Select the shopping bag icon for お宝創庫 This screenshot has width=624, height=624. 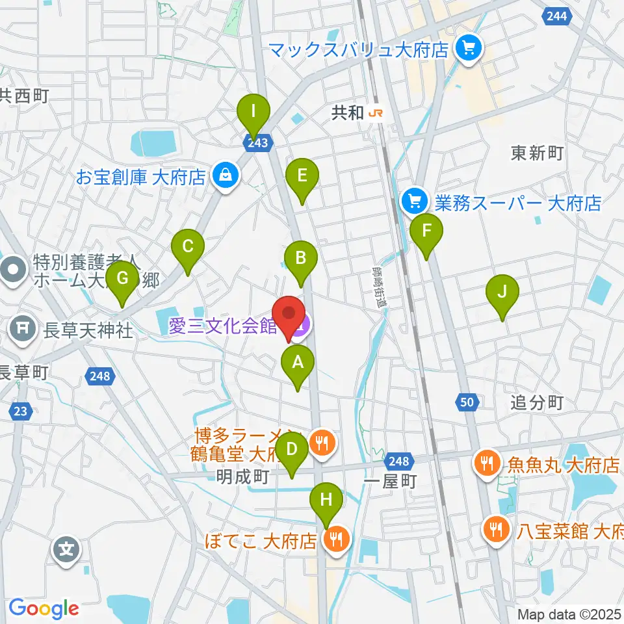click(225, 176)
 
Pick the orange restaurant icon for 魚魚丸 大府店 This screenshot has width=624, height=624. click(486, 465)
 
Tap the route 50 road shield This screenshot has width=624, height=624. click(466, 403)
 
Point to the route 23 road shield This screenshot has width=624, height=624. click(20, 411)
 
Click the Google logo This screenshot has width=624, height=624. click(44, 608)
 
